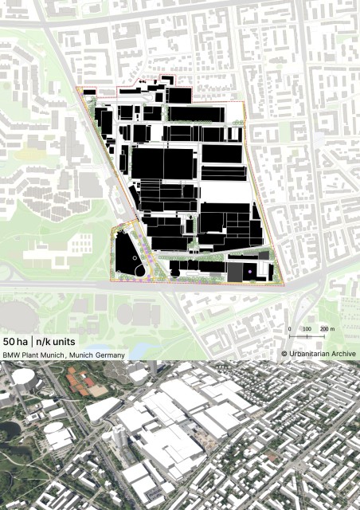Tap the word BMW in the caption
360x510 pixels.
point(13,354)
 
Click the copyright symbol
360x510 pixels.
point(284,354)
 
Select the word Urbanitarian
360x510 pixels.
point(310,354)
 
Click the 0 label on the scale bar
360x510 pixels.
point(289,329)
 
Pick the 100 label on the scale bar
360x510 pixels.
point(307,329)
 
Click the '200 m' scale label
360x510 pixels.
point(328,329)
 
